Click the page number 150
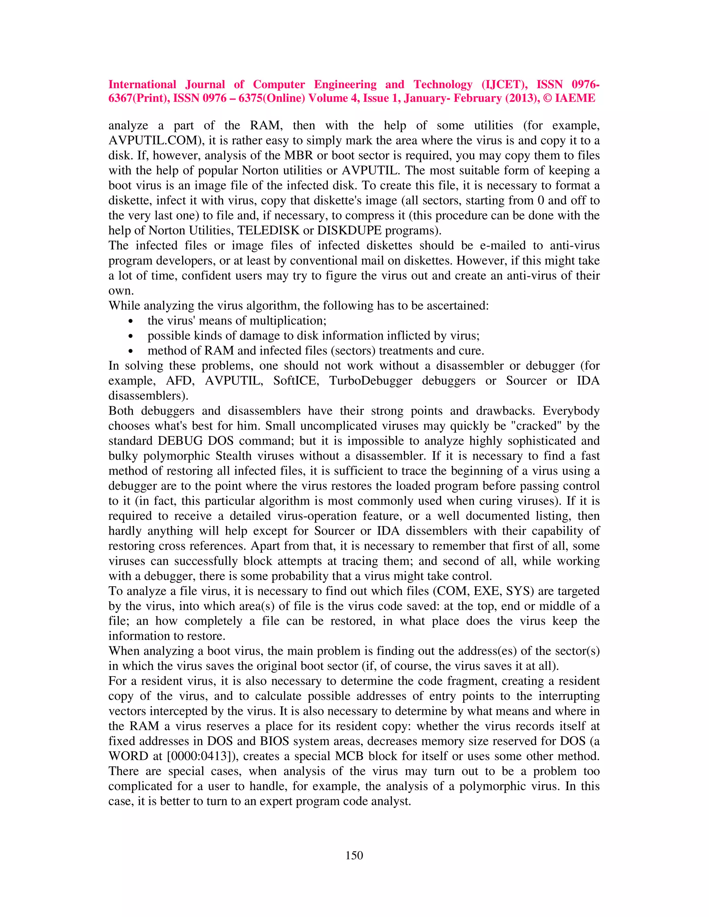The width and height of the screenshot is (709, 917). click(354, 855)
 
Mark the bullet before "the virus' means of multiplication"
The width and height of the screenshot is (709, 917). click(131, 321)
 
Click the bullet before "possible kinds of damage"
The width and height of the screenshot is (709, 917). click(131, 337)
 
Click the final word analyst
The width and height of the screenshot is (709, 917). click(391, 801)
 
